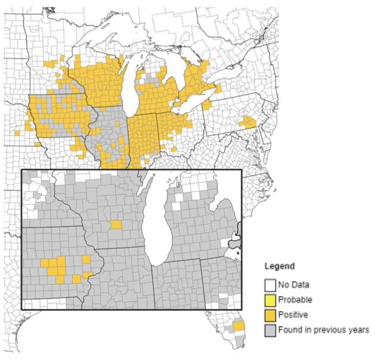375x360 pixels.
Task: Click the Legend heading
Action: tap(279, 266)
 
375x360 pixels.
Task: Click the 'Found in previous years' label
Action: tap(323, 330)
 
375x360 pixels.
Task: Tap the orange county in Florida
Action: tap(239, 326)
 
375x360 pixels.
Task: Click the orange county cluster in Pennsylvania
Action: tap(249, 122)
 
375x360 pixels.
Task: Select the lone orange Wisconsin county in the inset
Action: tap(116, 225)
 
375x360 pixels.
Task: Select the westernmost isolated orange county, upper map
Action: tap(17, 133)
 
